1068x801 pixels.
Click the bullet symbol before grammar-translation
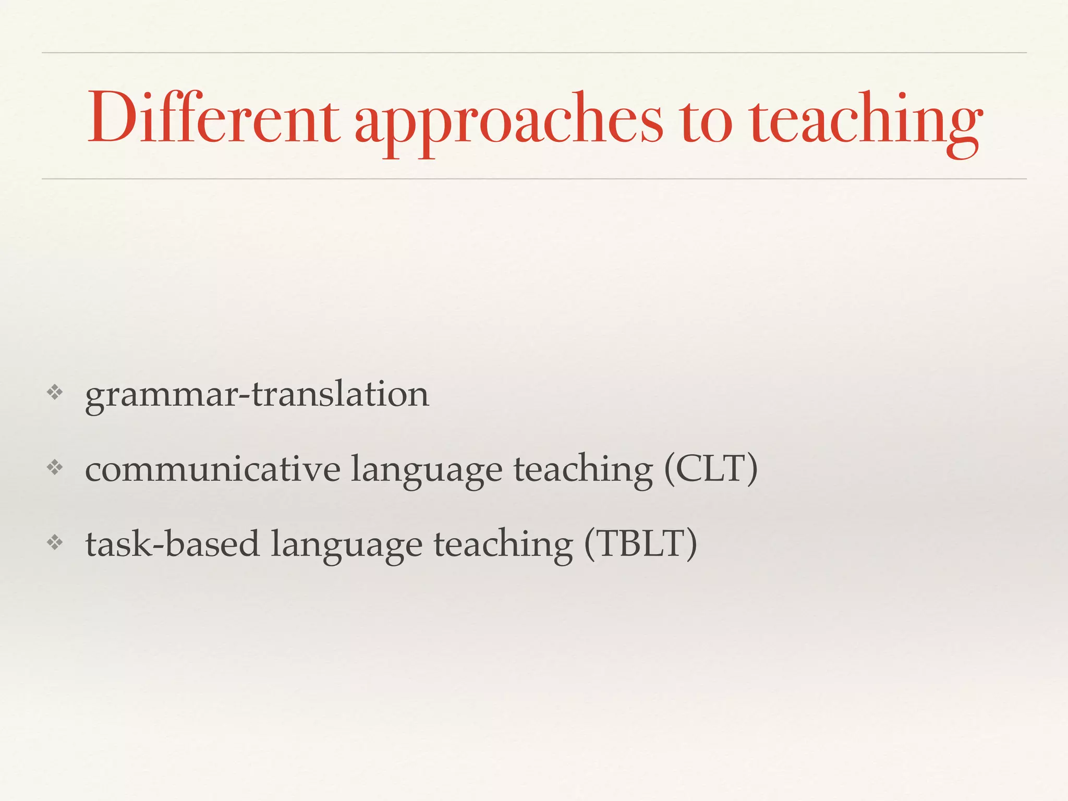(x=54, y=393)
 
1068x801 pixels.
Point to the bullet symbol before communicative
(x=54, y=468)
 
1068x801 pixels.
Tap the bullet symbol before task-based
(x=54, y=543)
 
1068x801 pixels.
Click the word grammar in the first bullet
(x=162, y=396)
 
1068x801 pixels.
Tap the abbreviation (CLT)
(x=711, y=469)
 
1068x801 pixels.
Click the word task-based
(x=173, y=544)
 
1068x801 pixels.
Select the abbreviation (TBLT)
(x=640, y=544)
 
